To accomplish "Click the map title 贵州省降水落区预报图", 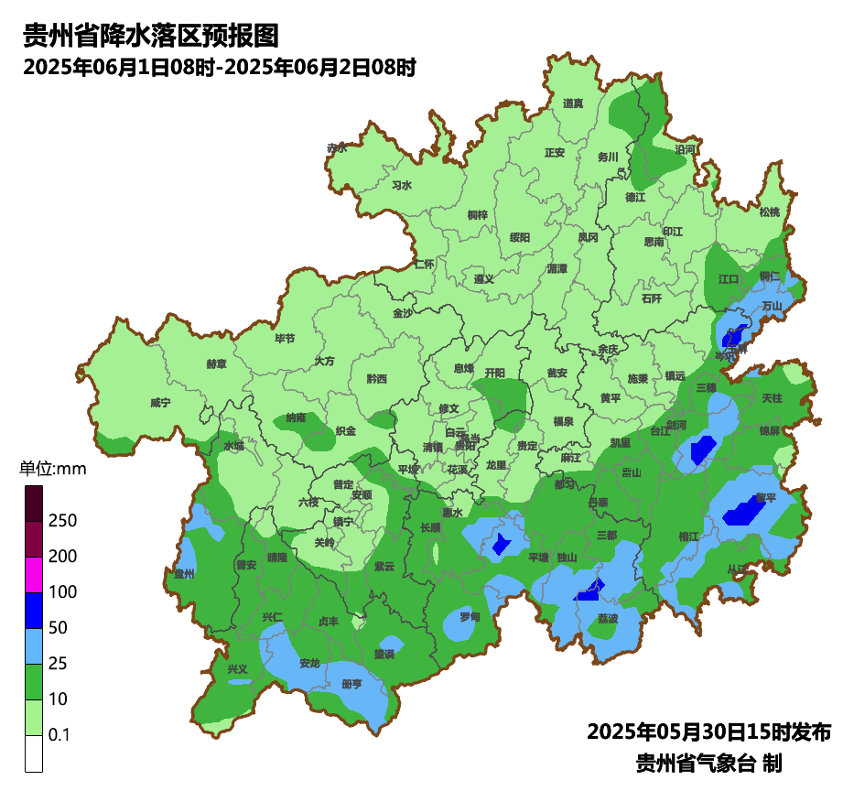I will pos(150,36).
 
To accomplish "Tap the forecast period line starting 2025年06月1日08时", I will pos(220,67).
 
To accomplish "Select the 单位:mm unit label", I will pos(52,470).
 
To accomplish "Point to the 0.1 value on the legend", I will pos(59,735).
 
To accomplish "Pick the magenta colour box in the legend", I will pos(34,574).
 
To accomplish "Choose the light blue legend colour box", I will pos(34,645).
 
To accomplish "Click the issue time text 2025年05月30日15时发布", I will pos(708,732).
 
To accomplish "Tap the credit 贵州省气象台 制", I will pos(708,762).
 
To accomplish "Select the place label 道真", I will pos(573,103).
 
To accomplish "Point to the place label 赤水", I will pos(337,147).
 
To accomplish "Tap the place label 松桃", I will pos(769,212).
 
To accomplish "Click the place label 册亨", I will pos(351,684).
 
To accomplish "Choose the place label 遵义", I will pos(484,279).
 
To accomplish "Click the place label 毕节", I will pos(286,338).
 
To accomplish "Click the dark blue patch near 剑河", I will pos(702,450).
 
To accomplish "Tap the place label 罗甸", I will pos(470,617).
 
